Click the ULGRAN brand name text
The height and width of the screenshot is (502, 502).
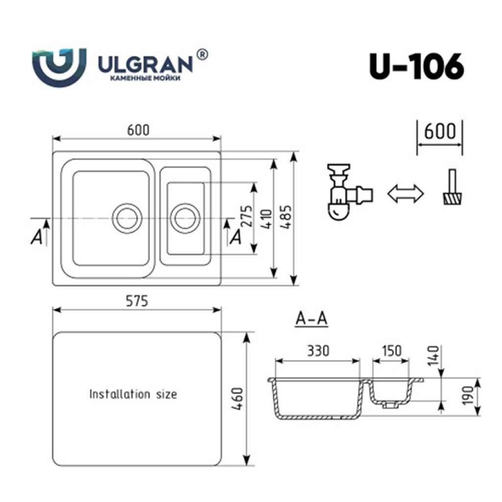[146, 64]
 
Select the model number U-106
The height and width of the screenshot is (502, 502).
[417, 67]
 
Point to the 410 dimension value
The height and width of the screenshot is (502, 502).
[267, 219]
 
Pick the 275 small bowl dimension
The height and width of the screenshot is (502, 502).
[247, 216]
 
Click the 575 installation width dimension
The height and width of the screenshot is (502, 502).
[137, 301]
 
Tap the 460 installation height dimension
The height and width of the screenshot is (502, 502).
[238, 399]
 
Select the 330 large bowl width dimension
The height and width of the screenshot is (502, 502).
[318, 351]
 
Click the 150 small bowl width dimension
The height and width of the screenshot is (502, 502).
[392, 351]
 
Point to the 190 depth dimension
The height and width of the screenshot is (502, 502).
[468, 396]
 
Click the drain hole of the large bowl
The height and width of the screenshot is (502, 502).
[127, 218]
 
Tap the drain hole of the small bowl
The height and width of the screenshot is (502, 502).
[185, 218]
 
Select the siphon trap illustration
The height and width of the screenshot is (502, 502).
[350, 192]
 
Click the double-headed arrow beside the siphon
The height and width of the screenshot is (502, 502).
[405, 194]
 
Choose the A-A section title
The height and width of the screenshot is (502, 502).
[311, 319]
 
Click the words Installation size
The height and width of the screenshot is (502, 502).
[133, 394]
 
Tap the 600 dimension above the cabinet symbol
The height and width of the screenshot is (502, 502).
[440, 131]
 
